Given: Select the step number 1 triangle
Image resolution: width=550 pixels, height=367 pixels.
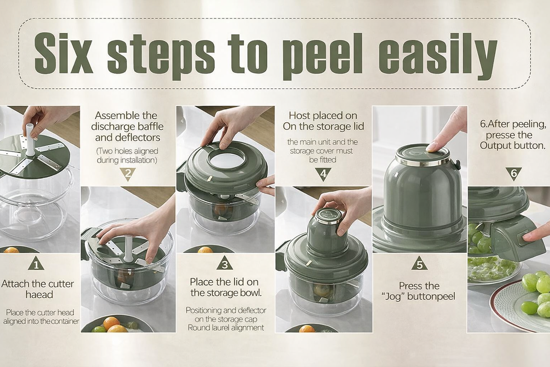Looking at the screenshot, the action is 36,263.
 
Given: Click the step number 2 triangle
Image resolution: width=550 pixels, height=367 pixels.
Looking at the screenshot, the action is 128,174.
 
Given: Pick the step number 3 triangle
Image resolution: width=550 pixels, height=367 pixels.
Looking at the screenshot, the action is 225,263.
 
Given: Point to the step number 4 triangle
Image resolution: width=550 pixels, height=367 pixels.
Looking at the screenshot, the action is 323,174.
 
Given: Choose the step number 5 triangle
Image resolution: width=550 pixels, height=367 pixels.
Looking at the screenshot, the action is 419,263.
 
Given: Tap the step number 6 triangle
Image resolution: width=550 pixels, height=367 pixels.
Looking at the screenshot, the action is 514,174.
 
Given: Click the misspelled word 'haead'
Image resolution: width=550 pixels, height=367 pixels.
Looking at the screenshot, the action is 39,294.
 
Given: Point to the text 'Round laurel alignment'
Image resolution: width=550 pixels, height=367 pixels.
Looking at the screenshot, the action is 226,328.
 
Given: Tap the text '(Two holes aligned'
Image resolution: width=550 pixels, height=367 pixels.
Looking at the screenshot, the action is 127,151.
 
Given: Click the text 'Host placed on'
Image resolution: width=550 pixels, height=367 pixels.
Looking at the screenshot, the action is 323,115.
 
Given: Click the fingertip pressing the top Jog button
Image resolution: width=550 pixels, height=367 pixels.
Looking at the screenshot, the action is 433,148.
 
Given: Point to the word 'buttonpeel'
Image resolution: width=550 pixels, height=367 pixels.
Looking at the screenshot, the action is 431,297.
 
